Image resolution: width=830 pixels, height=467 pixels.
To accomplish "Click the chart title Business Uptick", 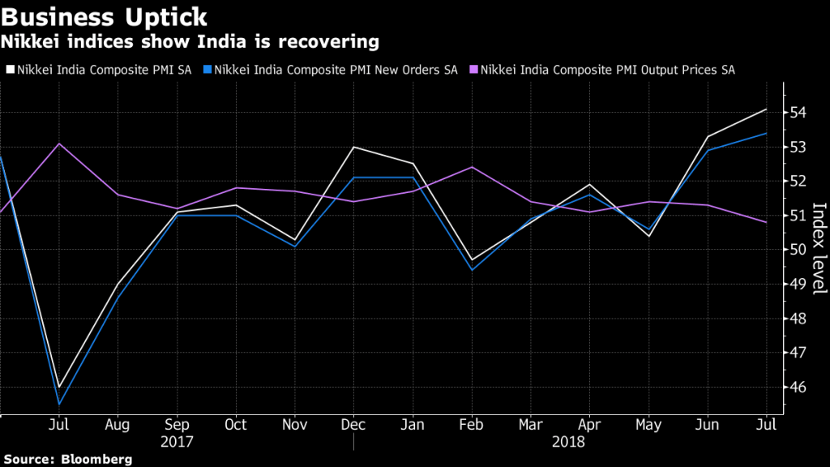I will click(x=105, y=16).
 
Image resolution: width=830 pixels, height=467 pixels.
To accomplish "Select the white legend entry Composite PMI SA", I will click(x=104, y=70).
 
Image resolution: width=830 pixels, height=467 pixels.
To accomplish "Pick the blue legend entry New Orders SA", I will click(x=333, y=70).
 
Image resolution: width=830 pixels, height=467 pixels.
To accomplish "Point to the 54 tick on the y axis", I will click(x=798, y=113).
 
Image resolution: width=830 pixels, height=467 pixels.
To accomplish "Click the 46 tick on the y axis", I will click(x=798, y=388).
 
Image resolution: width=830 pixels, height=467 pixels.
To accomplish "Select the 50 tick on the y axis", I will click(x=798, y=250).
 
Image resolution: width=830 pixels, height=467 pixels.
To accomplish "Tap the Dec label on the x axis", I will click(x=353, y=424).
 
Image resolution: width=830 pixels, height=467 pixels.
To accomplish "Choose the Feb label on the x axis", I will click(x=471, y=424).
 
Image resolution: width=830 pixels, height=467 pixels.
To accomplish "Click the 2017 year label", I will click(x=177, y=442).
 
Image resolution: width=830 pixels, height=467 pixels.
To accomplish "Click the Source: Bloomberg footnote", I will click(x=66, y=460).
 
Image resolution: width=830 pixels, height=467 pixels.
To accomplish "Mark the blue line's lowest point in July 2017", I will click(x=59, y=404).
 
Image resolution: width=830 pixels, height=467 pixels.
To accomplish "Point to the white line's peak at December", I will click(x=353, y=147).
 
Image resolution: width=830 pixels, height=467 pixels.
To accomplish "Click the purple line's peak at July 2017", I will click(x=59, y=144).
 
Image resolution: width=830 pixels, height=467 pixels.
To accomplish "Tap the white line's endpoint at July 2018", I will click(x=767, y=109).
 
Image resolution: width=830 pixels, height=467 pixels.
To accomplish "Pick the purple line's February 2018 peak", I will click(x=472, y=167).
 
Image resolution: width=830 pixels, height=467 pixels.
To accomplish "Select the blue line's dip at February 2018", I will click(x=472, y=270).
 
